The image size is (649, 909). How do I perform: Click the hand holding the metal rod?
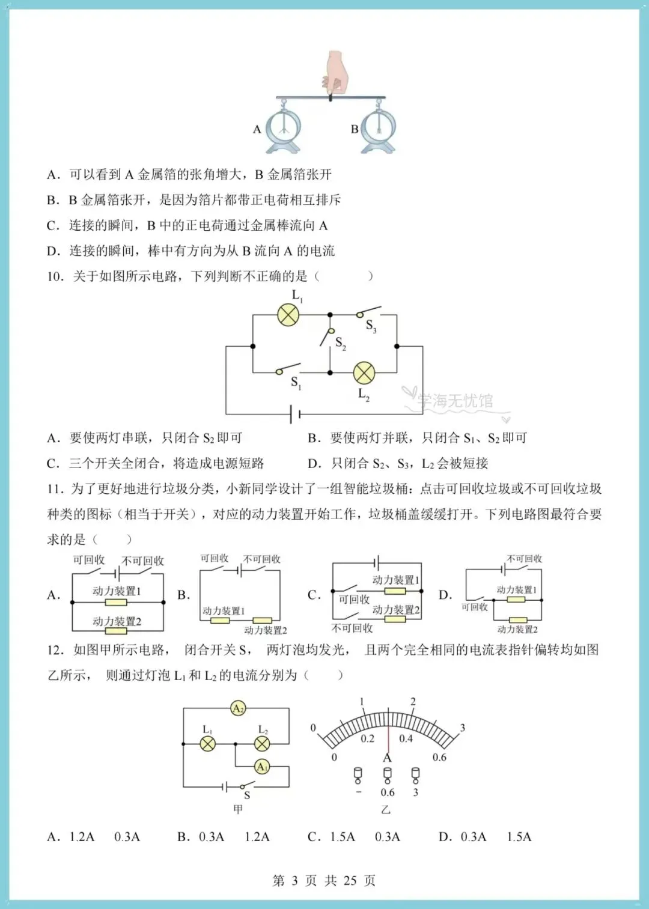pyautogui.click(x=336, y=73)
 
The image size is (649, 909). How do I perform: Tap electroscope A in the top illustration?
pyautogui.click(x=283, y=129)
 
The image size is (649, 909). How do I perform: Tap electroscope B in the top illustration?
pyautogui.click(x=378, y=129)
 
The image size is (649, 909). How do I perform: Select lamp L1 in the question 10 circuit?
pyautogui.click(x=288, y=315)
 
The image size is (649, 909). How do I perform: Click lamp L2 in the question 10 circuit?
pyautogui.click(x=364, y=372)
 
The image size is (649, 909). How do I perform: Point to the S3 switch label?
pyautogui.click(x=371, y=326)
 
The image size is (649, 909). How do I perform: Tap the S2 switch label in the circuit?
pyautogui.click(x=341, y=344)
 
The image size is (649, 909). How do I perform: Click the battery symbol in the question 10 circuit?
pyautogui.click(x=295, y=415)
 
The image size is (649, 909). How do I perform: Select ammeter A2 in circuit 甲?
pyautogui.click(x=238, y=708)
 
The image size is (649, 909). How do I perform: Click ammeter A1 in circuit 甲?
pyautogui.click(x=262, y=767)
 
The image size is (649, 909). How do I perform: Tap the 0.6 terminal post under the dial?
pyautogui.click(x=388, y=776)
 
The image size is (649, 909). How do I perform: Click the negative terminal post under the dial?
pyautogui.click(x=358, y=776)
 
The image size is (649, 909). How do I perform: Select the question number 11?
pyautogui.click(x=55, y=489)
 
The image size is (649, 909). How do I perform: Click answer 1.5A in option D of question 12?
pyautogui.click(x=519, y=836)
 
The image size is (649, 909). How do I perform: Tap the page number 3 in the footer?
pyautogui.click(x=294, y=880)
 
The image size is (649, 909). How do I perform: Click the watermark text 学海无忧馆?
pyautogui.click(x=456, y=401)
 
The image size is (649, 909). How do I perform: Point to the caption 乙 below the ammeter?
pyautogui.click(x=386, y=810)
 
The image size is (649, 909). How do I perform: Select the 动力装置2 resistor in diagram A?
pyautogui.click(x=116, y=631)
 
